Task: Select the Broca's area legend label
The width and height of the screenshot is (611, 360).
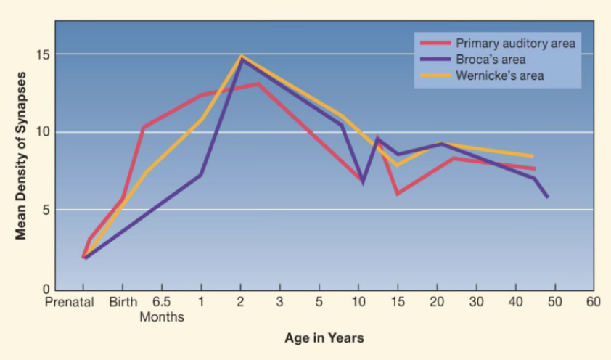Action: coord(491,60)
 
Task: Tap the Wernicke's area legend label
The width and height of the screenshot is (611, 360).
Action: coord(499,75)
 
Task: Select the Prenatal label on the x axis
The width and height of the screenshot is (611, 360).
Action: coord(69,303)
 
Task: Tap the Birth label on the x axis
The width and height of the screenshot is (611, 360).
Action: coord(123,303)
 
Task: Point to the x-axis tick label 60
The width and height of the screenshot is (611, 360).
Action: coord(593,303)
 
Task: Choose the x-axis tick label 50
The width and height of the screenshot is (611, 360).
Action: coord(554,303)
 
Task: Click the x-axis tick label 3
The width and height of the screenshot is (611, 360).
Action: coord(279,303)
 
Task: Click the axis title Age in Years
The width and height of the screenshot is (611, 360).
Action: coord(324,338)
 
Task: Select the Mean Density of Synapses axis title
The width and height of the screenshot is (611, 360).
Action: coord(21,156)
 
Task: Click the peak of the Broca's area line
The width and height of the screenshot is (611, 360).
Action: coord(241,58)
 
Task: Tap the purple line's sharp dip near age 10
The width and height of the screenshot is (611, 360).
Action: coord(363,182)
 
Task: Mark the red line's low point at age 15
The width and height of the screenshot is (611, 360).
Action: coord(398,194)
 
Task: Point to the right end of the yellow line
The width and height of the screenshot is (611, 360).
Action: coord(534,156)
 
